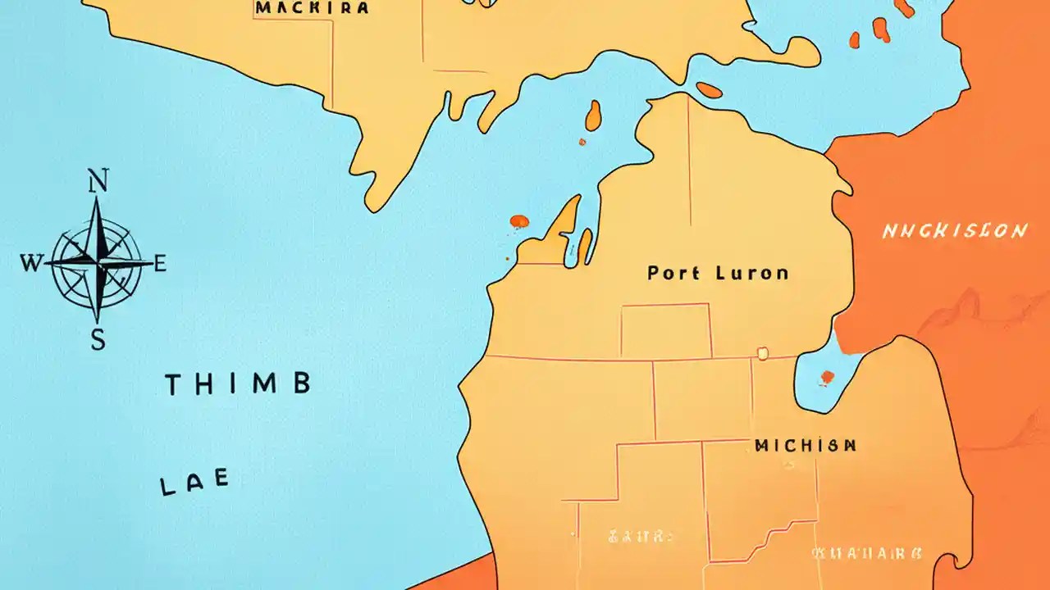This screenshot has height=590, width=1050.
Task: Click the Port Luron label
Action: pos(718,273)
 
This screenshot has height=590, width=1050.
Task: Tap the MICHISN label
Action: pos(806,446)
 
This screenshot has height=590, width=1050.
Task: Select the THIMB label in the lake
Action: pos(238,384)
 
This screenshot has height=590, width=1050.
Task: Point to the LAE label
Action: pos(194,483)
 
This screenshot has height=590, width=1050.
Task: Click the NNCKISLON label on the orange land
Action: pos(954,231)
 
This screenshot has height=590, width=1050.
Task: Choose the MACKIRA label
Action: pos(312,8)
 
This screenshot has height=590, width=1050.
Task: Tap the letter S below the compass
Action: pos(98,339)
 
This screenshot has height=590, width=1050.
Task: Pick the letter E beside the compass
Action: pos(160,264)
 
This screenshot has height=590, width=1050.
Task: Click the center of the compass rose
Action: pos(98,263)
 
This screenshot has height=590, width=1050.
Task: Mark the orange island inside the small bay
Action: pos(827,378)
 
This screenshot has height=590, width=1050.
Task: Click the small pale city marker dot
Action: pos(762,353)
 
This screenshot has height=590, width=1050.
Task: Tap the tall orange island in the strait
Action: pos(593,116)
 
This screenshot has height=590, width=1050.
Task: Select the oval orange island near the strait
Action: pos(709,90)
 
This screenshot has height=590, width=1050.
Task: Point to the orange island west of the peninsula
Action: pos(519,221)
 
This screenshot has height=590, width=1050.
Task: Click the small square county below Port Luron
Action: pos(665,331)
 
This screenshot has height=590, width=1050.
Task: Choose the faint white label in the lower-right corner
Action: pos(868,553)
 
